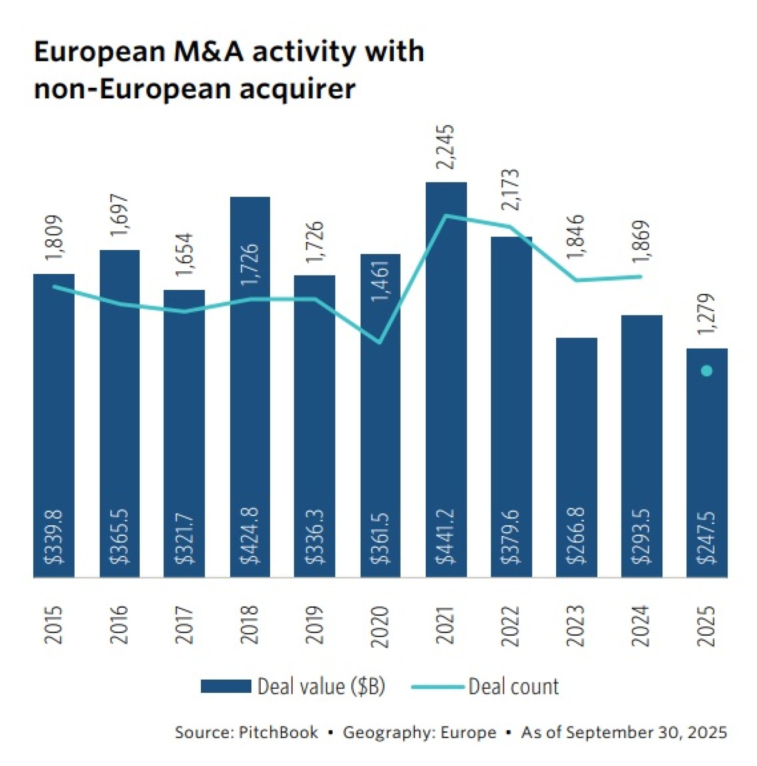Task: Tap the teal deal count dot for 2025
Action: tap(707, 371)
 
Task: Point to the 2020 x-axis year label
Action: tap(380, 626)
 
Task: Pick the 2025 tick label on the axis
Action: tap(707, 626)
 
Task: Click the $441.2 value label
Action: tap(446, 537)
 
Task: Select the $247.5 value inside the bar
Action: tap(707, 538)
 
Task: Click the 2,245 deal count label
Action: tap(446, 147)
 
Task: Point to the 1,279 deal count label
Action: tap(707, 314)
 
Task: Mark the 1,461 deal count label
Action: tap(380, 281)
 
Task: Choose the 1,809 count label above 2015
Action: tap(54, 237)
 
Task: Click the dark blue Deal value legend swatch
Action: tap(226, 686)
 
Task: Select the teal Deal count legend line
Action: tap(437, 687)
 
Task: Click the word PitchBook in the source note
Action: tap(278, 732)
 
